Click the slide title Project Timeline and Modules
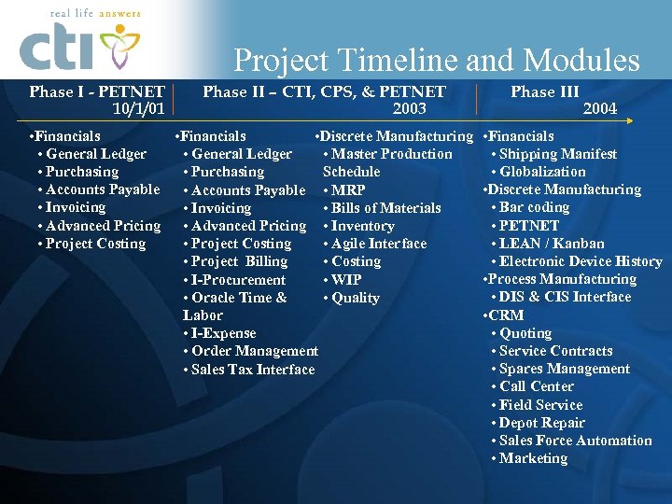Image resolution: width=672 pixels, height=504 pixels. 436,61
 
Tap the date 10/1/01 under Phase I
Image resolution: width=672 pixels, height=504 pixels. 138,109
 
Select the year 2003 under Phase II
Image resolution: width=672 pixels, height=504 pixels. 409,109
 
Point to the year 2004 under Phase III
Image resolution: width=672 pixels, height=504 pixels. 599,109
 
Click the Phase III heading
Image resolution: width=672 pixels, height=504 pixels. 545,91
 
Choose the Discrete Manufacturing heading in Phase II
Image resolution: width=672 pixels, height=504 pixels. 395,136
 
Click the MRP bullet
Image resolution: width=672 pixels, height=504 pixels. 348,190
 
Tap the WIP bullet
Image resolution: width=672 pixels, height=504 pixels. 346,280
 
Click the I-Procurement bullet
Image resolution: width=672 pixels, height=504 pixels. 238,280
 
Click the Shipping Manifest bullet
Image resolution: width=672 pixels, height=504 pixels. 557,154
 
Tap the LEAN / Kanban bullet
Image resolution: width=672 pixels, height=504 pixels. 551,244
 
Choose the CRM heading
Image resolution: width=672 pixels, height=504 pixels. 506,315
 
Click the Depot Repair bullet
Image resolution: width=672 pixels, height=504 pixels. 541,423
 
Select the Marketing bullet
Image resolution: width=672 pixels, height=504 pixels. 533,458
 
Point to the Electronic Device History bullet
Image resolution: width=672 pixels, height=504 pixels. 580,261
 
